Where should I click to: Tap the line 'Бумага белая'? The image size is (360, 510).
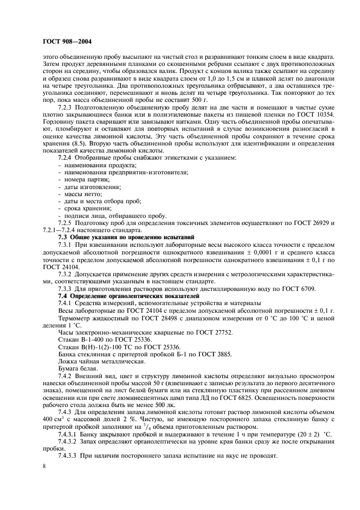(77, 368)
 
